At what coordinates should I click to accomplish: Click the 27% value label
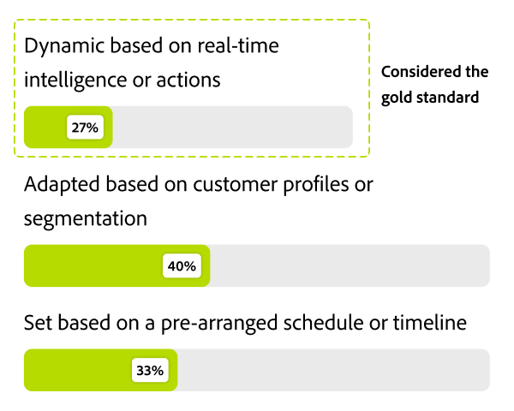[86, 128]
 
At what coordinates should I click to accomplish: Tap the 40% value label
[182, 266]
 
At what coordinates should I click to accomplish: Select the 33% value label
[149, 371]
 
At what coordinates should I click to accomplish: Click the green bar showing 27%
[46, 128]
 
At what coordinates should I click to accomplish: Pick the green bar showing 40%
[94, 266]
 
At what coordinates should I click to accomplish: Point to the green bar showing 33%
[77, 371]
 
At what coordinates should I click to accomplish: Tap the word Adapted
[61, 184]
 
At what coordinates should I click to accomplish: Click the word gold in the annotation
[397, 97]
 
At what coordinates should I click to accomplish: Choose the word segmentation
[86, 218]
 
